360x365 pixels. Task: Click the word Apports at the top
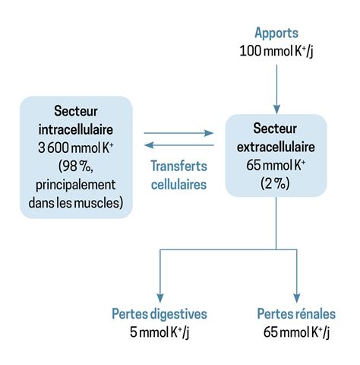coord(276,33)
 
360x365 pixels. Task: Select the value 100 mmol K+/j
coord(276,51)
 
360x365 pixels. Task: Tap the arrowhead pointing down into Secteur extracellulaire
coord(276,109)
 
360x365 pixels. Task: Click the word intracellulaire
coord(76,129)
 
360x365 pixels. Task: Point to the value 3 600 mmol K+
coord(76,148)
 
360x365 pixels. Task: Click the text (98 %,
coord(76,167)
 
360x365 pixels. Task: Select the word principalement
coord(76,186)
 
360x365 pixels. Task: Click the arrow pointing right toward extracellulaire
coord(178,133)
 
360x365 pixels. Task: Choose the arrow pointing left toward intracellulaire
coord(178,145)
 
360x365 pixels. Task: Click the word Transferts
coord(179,166)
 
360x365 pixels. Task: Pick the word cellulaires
coord(179,184)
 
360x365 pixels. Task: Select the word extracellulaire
coord(276,147)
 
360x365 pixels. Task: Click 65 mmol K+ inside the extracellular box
coord(276,165)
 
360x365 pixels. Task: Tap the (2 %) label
coord(276,183)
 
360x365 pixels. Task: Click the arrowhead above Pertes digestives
coord(160,298)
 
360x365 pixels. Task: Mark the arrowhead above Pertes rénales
coord(297,298)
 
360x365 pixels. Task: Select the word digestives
coord(179,314)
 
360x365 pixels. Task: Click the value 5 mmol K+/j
coord(159,332)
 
